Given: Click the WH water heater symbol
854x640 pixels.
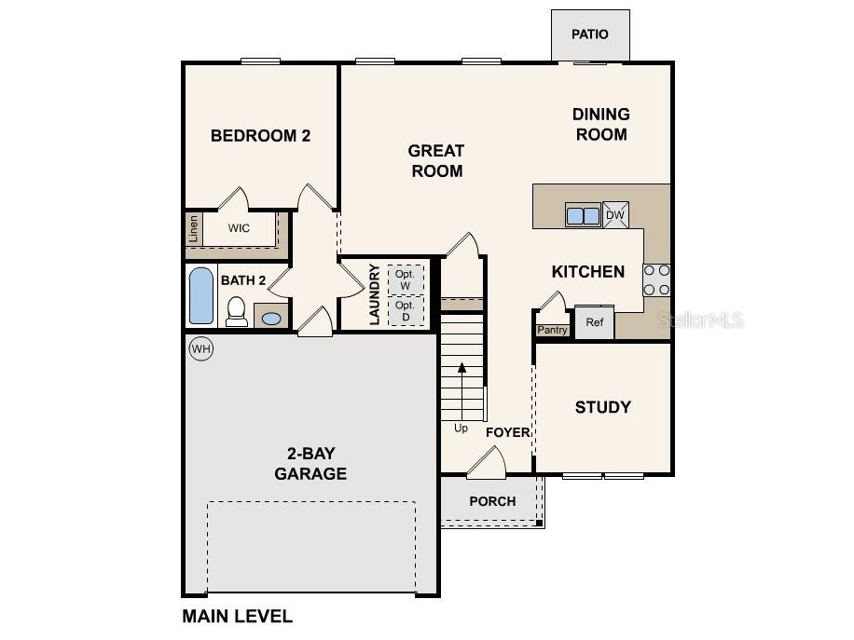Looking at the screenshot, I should tap(200, 348).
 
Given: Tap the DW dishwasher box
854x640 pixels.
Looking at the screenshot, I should tap(615, 215).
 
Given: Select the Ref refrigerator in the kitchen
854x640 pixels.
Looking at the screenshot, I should tap(594, 322).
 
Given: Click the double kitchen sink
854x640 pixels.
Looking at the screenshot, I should tap(584, 216).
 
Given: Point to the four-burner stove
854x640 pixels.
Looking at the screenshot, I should tap(656, 280).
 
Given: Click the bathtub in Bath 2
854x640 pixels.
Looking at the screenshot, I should tap(201, 295).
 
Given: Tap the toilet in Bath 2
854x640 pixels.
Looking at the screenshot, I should tap(237, 312).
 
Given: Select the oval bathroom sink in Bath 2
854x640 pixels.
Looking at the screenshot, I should tap(271, 319).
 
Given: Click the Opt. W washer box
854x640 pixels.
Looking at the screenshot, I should tap(405, 279).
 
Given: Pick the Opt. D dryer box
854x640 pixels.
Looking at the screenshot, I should tap(405, 311).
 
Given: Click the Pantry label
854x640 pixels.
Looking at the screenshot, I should tap(552, 330).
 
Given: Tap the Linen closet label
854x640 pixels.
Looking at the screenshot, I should tap(193, 228).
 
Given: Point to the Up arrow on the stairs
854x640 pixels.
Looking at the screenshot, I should tap(461, 391).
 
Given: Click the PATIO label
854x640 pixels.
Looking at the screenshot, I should tap(590, 34).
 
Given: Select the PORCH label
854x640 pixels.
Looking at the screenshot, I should tap(492, 501).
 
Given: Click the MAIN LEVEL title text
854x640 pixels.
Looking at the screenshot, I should tap(237, 616).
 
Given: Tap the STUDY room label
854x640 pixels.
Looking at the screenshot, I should tap(602, 407).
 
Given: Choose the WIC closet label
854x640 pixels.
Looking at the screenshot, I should tap(239, 228).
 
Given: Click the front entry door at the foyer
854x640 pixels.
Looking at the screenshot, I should tap(486, 460).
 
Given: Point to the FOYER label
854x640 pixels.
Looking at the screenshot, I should tap(508, 432).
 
